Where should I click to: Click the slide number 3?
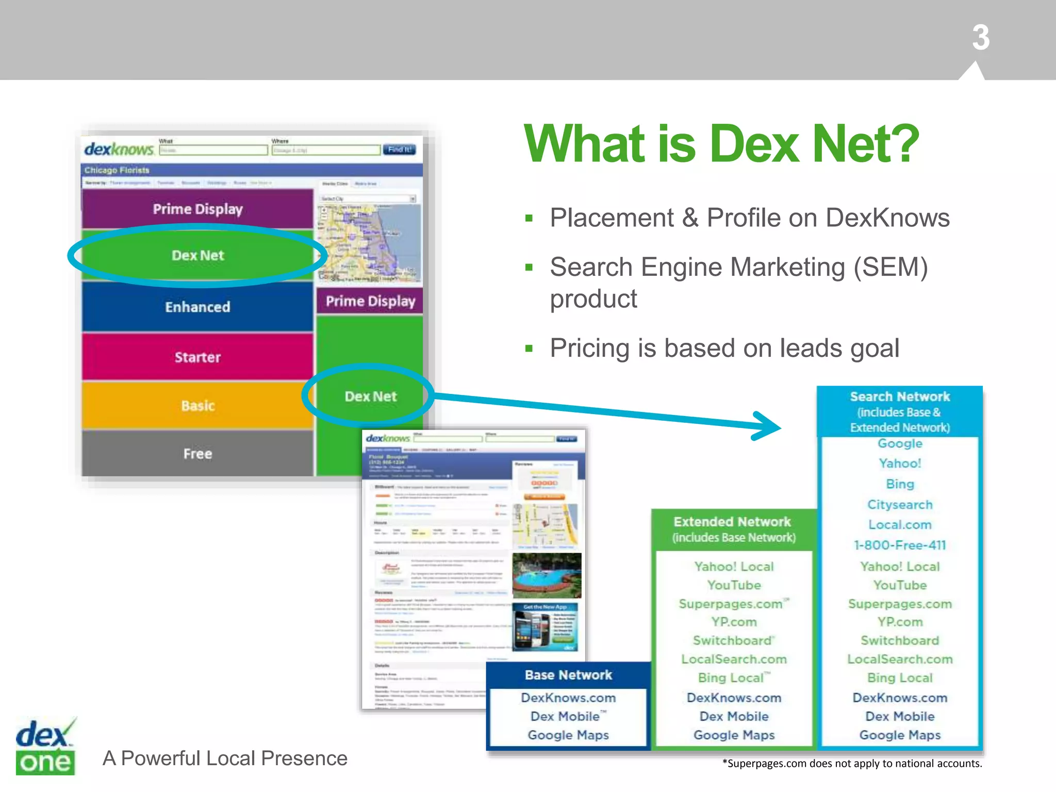(x=981, y=38)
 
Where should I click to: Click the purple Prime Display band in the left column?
(x=197, y=209)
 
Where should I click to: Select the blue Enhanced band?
(x=197, y=307)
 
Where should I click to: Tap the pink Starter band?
(x=197, y=357)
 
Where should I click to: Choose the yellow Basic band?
(x=197, y=405)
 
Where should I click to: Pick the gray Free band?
(x=197, y=453)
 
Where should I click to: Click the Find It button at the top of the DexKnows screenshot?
(x=399, y=150)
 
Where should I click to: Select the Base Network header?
(x=568, y=675)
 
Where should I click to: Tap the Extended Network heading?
(x=732, y=522)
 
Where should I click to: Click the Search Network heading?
(x=900, y=397)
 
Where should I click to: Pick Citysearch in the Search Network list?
(x=900, y=504)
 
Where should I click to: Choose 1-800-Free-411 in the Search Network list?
(x=900, y=545)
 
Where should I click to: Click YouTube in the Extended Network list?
(x=734, y=585)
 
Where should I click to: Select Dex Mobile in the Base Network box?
(x=565, y=716)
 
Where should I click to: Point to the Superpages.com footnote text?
(x=852, y=764)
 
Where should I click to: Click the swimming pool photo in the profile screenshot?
(x=547, y=575)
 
